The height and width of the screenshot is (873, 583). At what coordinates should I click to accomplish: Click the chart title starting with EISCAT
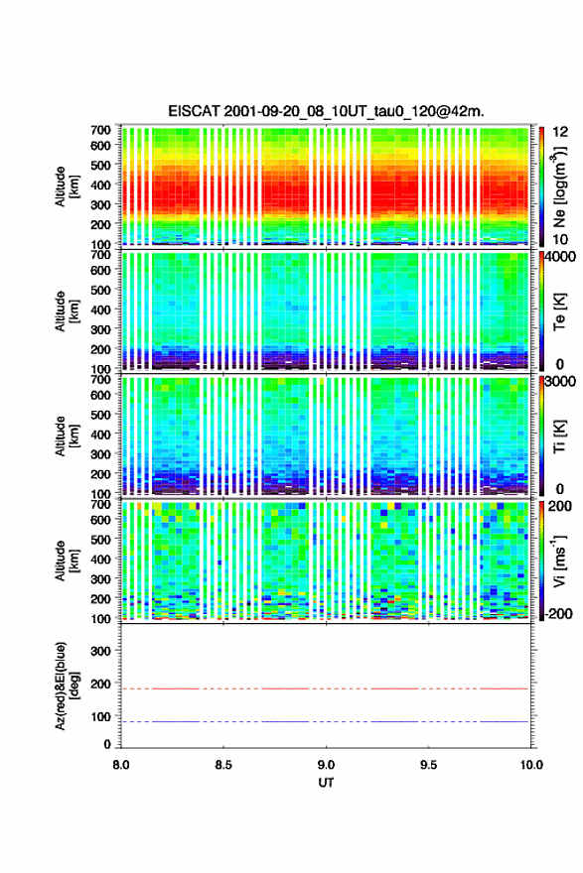point(326,111)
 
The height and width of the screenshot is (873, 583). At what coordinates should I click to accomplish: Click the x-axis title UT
point(326,783)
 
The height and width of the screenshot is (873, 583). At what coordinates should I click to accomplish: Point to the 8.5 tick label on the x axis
point(223,765)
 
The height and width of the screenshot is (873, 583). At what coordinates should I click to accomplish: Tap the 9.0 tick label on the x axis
point(326,765)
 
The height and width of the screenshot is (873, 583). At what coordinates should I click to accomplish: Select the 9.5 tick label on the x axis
point(429,765)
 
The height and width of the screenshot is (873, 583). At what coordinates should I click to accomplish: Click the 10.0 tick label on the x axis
point(531,765)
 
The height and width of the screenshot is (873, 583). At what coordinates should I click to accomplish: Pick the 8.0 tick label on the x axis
point(121,765)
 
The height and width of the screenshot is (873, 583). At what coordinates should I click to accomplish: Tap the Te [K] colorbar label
point(560,312)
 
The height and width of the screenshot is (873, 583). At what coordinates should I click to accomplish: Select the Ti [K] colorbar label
point(560,436)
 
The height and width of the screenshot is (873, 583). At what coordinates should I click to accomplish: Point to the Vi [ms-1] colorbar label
point(559,561)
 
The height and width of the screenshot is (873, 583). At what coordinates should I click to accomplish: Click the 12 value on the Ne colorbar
point(560,132)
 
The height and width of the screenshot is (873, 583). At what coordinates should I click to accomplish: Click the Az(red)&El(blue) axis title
point(65,686)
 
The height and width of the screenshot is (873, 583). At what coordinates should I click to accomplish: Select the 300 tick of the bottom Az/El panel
point(100,651)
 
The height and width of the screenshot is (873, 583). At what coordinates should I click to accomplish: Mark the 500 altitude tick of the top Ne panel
point(100,165)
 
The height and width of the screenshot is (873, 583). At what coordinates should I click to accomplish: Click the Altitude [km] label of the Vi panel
point(65,561)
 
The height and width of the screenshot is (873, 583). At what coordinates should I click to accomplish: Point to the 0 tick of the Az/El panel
point(107,744)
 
